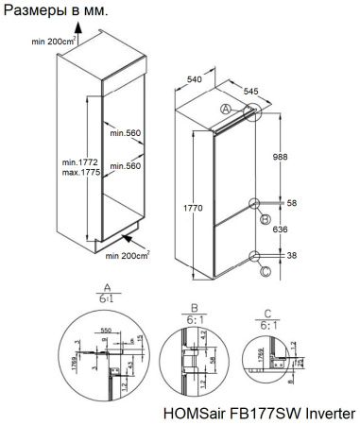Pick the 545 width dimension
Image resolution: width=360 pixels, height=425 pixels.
pos(252,93)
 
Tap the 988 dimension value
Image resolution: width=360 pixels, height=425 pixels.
pos(279,156)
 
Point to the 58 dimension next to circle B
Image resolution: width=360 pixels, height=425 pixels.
pos(292,203)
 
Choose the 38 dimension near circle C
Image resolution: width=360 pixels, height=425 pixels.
pos(292,255)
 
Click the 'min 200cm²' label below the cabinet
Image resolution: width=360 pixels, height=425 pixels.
pos(129,255)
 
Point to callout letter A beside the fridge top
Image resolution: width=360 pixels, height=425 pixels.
pos(225,110)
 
